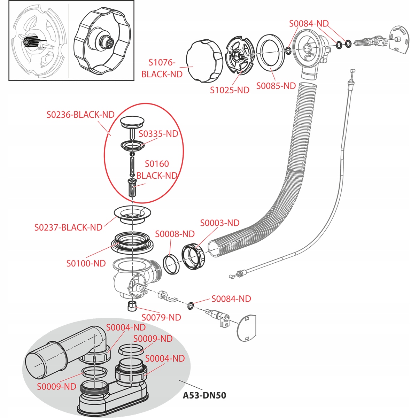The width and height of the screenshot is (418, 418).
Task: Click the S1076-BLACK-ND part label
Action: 162,68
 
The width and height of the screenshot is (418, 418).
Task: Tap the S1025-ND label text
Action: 230,90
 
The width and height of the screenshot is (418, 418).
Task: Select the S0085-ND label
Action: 276,86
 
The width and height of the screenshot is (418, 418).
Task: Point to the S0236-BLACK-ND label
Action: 80,115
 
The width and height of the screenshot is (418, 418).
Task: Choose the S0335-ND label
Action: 158,134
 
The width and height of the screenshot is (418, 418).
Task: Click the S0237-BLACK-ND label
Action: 68,227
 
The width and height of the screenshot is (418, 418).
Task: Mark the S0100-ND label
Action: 86,263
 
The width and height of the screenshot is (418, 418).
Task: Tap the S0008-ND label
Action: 175,234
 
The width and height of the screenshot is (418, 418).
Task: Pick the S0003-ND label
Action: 220,223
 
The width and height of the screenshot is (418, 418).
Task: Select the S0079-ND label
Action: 161,318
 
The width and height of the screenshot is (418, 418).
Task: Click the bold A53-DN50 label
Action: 204,396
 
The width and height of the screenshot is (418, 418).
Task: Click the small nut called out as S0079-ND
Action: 131,307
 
